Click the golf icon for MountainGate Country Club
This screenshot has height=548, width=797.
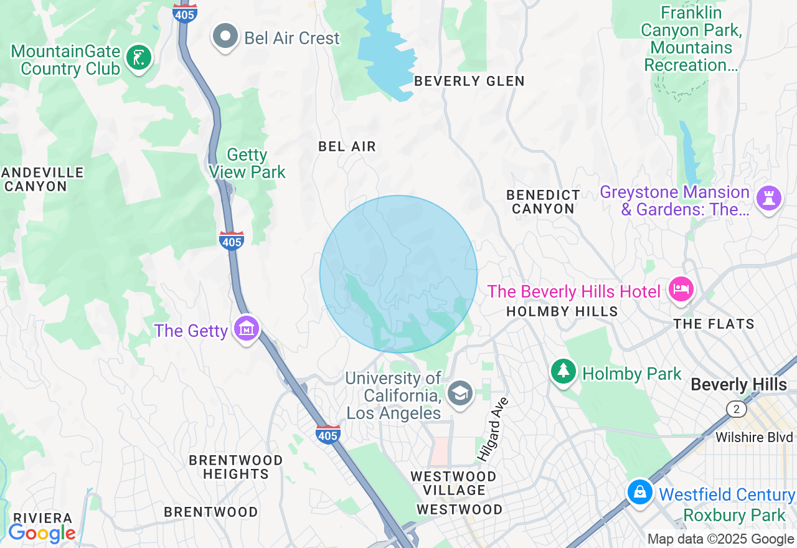(138, 59)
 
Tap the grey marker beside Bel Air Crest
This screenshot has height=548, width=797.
(225, 37)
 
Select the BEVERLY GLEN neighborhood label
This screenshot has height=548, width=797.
(469, 81)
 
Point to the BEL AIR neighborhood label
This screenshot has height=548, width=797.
(347, 146)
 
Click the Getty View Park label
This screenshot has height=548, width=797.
(247, 163)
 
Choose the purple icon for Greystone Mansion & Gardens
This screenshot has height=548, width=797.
(768, 199)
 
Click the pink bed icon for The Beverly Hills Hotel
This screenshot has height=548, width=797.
(681, 289)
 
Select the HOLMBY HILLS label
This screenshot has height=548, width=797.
(562, 311)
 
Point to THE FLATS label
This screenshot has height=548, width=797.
(714, 324)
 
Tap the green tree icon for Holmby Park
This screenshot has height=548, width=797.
(564, 372)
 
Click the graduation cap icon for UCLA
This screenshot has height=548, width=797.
(460, 393)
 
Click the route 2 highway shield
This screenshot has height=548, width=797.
(736, 409)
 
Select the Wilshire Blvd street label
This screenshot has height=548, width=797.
(755, 437)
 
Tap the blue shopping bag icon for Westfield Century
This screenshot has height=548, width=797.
(639, 492)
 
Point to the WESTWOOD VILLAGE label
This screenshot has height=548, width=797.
(453, 483)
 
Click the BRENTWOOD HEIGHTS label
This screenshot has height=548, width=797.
(235, 467)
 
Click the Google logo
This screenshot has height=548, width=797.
(42, 533)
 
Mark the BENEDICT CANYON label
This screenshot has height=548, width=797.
(543, 202)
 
